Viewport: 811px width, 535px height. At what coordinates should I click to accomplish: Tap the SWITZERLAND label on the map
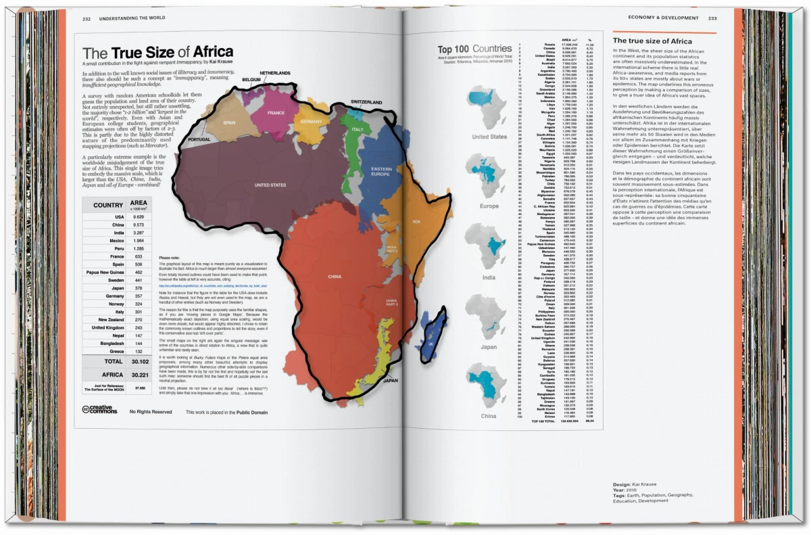[369, 102]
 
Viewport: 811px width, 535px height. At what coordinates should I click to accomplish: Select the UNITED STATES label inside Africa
[270, 185]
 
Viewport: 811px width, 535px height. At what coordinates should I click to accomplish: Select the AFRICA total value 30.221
[140, 374]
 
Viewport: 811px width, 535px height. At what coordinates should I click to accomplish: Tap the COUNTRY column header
[108, 206]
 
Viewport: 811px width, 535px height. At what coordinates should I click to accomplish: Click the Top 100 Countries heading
[474, 49]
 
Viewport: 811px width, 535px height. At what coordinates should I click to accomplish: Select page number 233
[713, 18]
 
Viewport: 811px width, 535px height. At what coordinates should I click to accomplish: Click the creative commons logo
[99, 409]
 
